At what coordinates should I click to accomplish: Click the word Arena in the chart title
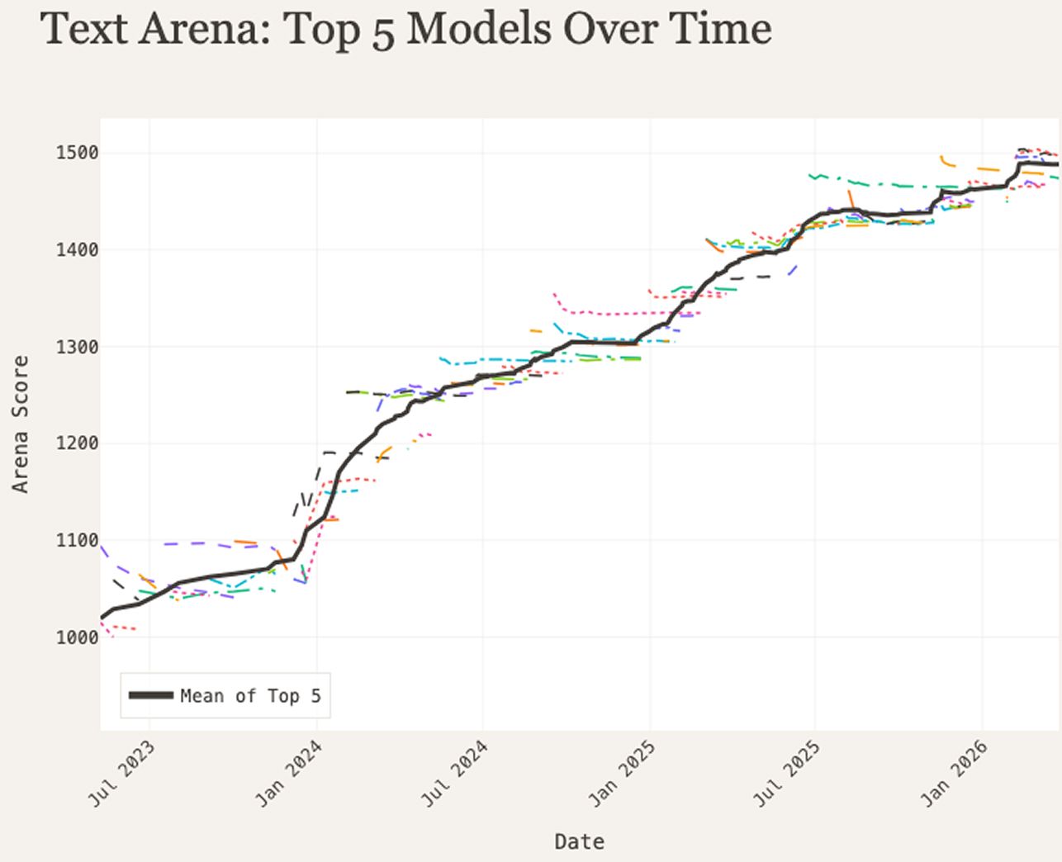tap(205, 29)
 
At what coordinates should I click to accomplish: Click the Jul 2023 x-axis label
tap(122, 774)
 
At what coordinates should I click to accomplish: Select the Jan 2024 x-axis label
tap(289, 774)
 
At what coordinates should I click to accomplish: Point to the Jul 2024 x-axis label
tap(455, 774)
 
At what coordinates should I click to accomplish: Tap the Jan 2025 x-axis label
tap(622, 774)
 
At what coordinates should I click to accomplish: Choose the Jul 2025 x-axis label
tap(787, 774)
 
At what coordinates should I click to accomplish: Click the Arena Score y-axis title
tap(21, 424)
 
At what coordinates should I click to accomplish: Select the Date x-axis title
tap(580, 842)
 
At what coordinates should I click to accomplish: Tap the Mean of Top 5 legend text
tap(251, 696)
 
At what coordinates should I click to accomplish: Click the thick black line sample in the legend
tap(151, 695)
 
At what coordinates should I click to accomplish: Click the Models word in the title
tap(479, 29)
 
